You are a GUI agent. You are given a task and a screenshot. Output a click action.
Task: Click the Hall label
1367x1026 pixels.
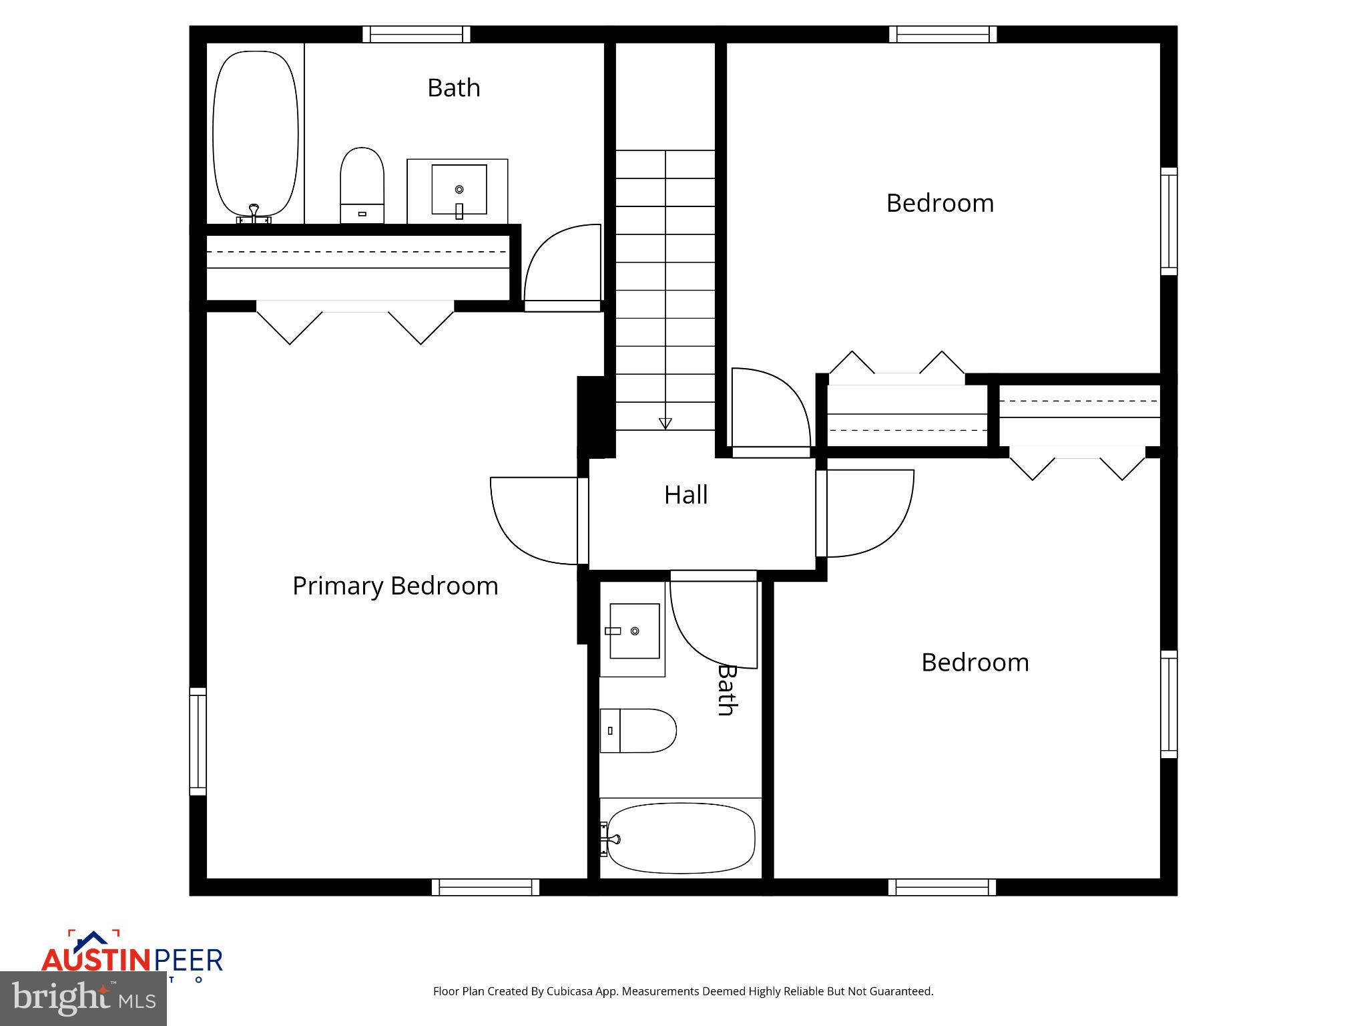pos(686,495)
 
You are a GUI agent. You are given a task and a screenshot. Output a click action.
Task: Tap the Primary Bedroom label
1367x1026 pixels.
pos(395,586)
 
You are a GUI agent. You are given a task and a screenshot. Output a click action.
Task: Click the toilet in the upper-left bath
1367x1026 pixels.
pos(362,185)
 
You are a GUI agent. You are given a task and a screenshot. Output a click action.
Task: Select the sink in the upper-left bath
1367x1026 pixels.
pos(458,190)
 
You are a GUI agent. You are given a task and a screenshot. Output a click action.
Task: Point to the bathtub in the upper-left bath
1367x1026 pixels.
pos(255,134)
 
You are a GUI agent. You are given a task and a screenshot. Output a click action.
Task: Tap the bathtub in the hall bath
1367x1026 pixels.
pos(680,838)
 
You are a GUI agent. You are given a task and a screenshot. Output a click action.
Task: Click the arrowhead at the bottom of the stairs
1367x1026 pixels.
pos(665,423)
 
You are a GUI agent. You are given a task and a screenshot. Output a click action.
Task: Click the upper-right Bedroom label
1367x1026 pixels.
pos(940,203)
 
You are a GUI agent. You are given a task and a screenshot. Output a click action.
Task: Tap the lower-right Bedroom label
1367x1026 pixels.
pos(975,663)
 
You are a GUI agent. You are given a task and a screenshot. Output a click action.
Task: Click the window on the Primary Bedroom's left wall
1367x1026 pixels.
pos(198,741)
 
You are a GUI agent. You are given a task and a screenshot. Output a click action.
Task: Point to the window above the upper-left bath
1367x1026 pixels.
pos(417,34)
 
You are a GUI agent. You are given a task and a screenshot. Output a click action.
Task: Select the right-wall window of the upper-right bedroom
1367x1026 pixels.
pos(1168,221)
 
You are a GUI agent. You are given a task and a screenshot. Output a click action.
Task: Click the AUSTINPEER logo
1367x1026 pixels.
pos(131,959)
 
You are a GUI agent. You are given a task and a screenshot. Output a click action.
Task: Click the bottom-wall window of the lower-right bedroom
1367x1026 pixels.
pos(942,887)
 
